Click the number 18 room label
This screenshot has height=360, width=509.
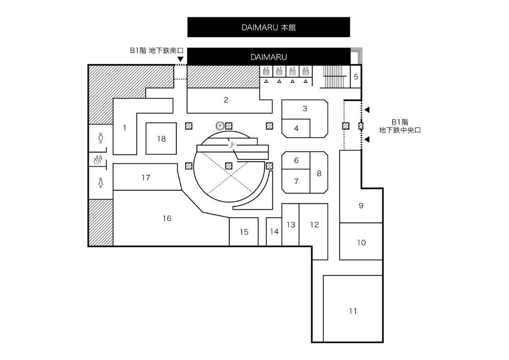coord(162,139)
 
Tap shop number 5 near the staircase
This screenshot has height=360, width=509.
coord(356,77)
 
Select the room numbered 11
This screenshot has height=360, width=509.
coord(353,311)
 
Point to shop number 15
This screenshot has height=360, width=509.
coord(244,232)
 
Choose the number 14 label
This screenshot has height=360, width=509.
coord(275,232)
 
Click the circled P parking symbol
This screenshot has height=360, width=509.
coord(220,126)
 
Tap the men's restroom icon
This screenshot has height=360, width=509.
coord(100,138)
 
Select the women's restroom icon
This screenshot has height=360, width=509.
coord(100,182)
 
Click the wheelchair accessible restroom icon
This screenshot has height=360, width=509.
coord(98,159)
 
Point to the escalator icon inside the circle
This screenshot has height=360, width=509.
coord(232,145)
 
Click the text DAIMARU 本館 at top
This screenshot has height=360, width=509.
coord(268,28)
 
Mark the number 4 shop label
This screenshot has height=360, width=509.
coord(296,129)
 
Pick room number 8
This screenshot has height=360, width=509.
coord(319,173)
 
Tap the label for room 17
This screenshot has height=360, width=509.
coord(146,178)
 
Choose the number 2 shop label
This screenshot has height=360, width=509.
coord(226,100)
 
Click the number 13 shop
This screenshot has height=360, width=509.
coord(291,225)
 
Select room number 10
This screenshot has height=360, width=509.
coord(361,243)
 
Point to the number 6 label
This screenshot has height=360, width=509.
coord(296,160)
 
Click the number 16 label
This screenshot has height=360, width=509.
coord(167,219)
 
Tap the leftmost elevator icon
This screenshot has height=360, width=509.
coord(266,71)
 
